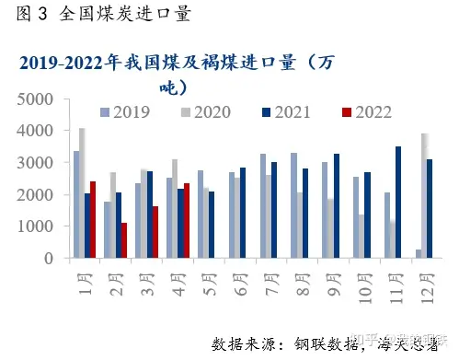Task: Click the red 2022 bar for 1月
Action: (x=93, y=220)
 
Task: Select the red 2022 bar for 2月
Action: (x=123, y=240)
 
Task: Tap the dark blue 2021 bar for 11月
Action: (x=397, y=203)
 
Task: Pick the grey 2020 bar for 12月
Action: (x=424, y=196)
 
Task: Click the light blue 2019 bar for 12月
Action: (x=419, y=254)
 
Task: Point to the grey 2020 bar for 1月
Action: (x=82, y=193)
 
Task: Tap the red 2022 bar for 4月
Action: (x=187, y=221)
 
